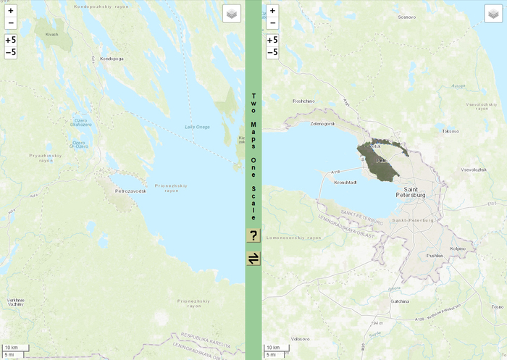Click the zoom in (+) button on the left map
click(x=11, y=11)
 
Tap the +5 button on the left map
click(x=11, y=41)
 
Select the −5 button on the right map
click(x=272, y=52)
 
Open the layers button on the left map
click(x=231, y=14)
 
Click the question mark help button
click(x=253, y=235)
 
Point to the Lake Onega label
click(x=197, y=127)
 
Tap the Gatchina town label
click(x=400, y=301)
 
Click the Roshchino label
click(x=303, y=101)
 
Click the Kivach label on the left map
click(x=51, y=34)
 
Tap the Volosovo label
click(x=300, y=339)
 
